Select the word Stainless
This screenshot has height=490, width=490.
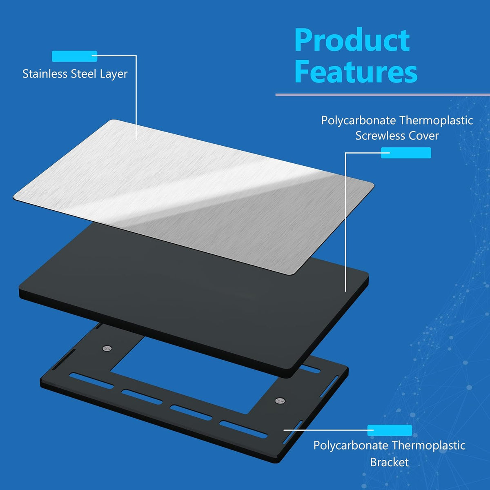[45, 74]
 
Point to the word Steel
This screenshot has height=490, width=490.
[84, 74]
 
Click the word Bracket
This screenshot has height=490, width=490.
[389, 462]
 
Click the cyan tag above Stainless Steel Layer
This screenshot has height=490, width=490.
[74, 56]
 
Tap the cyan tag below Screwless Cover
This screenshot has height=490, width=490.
[406, 153]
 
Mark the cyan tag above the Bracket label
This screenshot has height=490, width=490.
[390, 430]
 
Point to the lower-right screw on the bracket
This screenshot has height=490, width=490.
[280, 401]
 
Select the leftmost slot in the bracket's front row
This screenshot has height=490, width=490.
[91, 381]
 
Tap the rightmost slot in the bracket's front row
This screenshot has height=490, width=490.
[243, 430]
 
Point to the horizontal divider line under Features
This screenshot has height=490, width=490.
[383, 95]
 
